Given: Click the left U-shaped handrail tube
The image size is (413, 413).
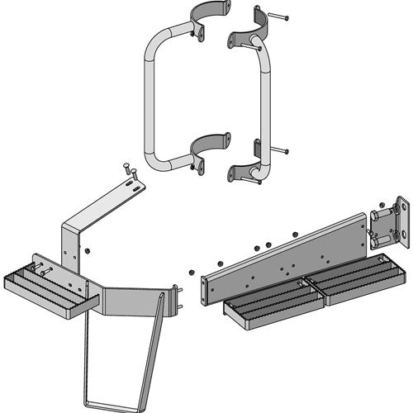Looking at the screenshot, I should [149, 91].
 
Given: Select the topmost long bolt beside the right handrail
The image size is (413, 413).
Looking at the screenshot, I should [278, 16].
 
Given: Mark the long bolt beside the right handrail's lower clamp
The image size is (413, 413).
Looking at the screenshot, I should [279, 151].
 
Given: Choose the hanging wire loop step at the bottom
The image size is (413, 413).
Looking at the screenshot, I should [116, 363].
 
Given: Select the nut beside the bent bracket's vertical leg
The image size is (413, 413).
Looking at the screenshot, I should [88, 249].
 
